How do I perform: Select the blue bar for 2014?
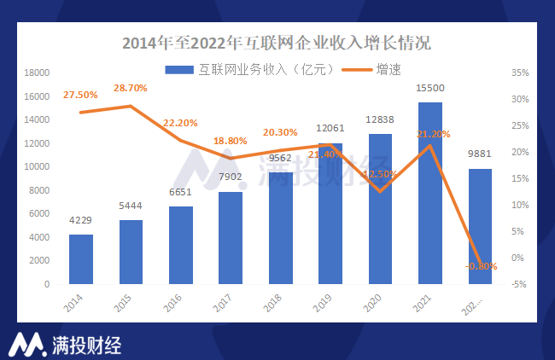click(x=80, y=259)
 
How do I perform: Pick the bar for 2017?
click(x=231, y=238)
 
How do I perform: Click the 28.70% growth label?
click(x=131, y=88)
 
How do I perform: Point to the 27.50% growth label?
click(x=80, y=95)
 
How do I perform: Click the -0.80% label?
click(x=481, y=265)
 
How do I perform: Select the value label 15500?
click(x=430, y=88)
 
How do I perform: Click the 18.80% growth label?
click(x=230, y=141)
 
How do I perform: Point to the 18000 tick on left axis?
click(x=38, y=73)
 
